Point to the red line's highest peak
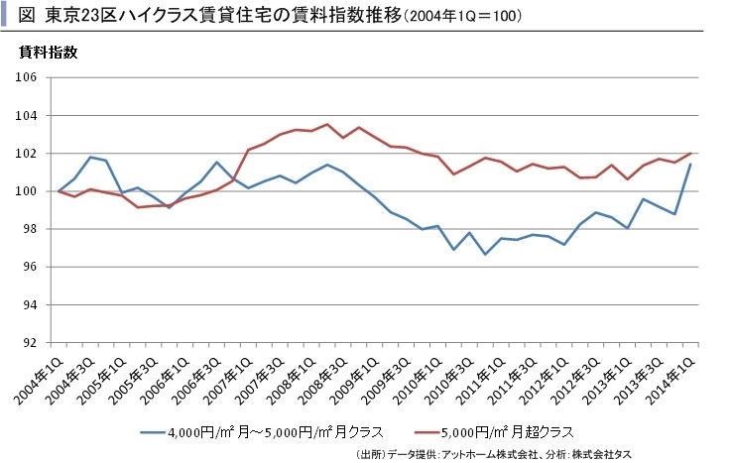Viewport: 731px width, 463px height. click(327, 124)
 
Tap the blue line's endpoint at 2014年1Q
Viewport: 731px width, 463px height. click(690, 165)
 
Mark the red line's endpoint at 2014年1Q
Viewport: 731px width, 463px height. click(690, 154)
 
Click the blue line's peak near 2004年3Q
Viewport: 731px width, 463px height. click(91, 157)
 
